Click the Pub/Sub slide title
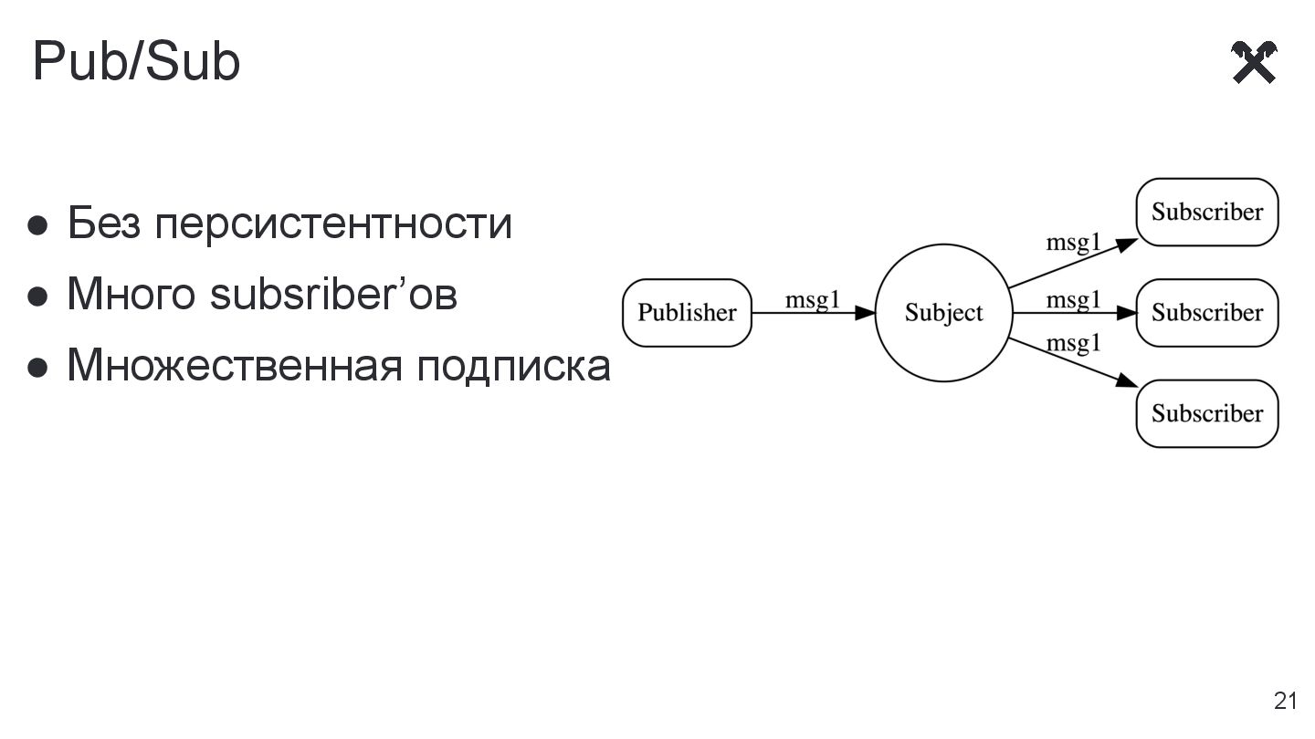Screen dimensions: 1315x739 point(136,62)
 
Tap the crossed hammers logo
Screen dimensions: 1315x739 point(1254,62)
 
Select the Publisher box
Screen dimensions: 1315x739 point(687,313)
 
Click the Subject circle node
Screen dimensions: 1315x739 point(943,313)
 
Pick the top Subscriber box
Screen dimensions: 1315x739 point(1206,213)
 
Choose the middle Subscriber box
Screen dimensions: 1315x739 point(1206,313)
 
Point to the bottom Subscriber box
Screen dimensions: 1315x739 point(1206,413)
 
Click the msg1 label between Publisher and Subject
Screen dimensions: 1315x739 point(812,300)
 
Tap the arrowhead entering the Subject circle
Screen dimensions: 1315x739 point(866,313)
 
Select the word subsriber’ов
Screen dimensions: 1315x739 point(333,295)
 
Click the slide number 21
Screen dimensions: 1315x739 point(1285,701)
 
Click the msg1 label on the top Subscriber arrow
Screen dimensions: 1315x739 point(1073,242)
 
